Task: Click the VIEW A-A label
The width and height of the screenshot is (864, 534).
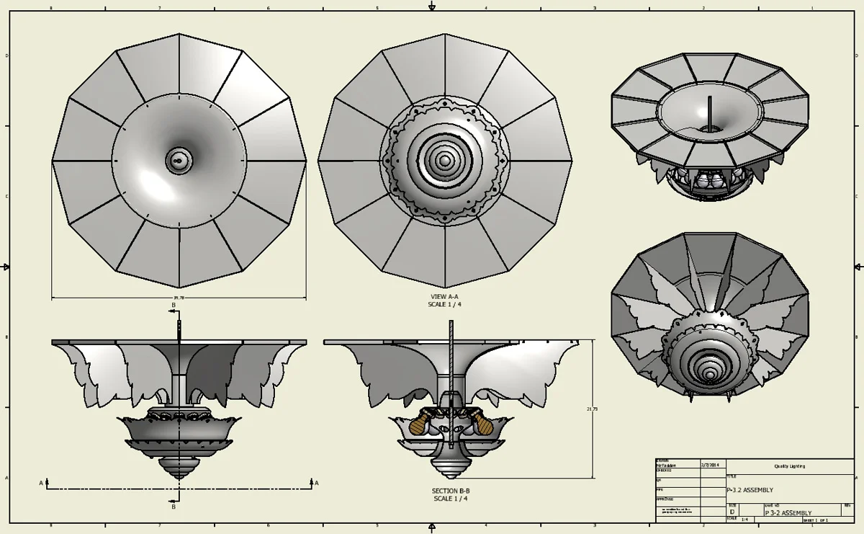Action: [444, 296]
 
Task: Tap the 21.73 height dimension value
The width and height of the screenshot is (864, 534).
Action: [592, 409]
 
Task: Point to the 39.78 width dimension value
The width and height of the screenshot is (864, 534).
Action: [179, 298]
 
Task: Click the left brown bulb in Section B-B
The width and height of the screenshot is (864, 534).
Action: [416, 425]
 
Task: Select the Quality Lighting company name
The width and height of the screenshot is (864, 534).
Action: [790, 466]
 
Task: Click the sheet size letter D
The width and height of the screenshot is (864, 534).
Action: [732, 512]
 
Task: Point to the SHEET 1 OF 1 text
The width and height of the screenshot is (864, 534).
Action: [815, 520]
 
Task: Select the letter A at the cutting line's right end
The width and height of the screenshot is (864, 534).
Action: [315, 482]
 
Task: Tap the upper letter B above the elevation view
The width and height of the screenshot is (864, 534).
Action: [173, 306]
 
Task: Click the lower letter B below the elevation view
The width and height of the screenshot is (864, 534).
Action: [174, 507]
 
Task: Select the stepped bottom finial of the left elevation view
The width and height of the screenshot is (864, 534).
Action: [179, 467]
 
